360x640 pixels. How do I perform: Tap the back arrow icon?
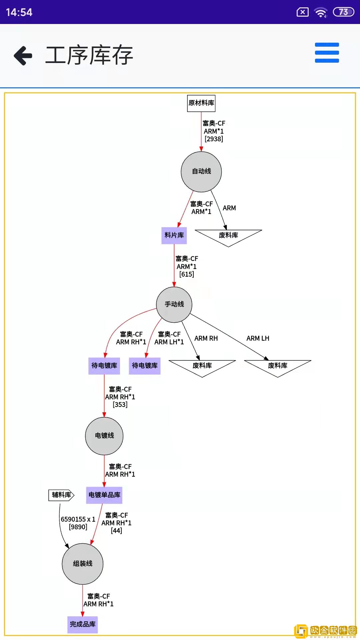click(x=23, y=55)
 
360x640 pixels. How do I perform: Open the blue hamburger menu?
click(x=327, y=53)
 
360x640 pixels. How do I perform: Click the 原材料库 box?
click(x=201, y=103)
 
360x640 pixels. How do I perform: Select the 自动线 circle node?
click(x=201, y=172)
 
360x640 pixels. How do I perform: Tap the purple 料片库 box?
click(x=174, y=235)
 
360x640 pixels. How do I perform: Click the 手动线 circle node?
click(x=174, y=304)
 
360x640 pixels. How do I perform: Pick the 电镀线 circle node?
click(x=104, y=436)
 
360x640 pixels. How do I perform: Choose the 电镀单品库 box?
click(x=104, y=495)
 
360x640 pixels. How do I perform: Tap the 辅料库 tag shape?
click(x=61, y=495)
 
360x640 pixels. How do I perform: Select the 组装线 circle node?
click(x=83, y=564)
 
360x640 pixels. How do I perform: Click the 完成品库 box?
click(x=83, y=624)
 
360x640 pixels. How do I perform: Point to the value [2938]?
click(x=214, y=139)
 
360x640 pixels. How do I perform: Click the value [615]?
click(x=187, y=274)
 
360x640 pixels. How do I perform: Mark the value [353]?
click(x=120, y=405)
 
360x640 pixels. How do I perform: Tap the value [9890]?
click(x=78, y=527)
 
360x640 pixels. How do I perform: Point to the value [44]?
click(x=116, y=531)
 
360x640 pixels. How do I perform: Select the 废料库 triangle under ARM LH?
click(x=278, y=366)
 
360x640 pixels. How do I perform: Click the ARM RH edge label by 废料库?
click(x=206, y=338)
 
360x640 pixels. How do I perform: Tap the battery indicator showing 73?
click(x=343, y=12)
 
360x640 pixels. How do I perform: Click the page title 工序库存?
click(x=89, y=55)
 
